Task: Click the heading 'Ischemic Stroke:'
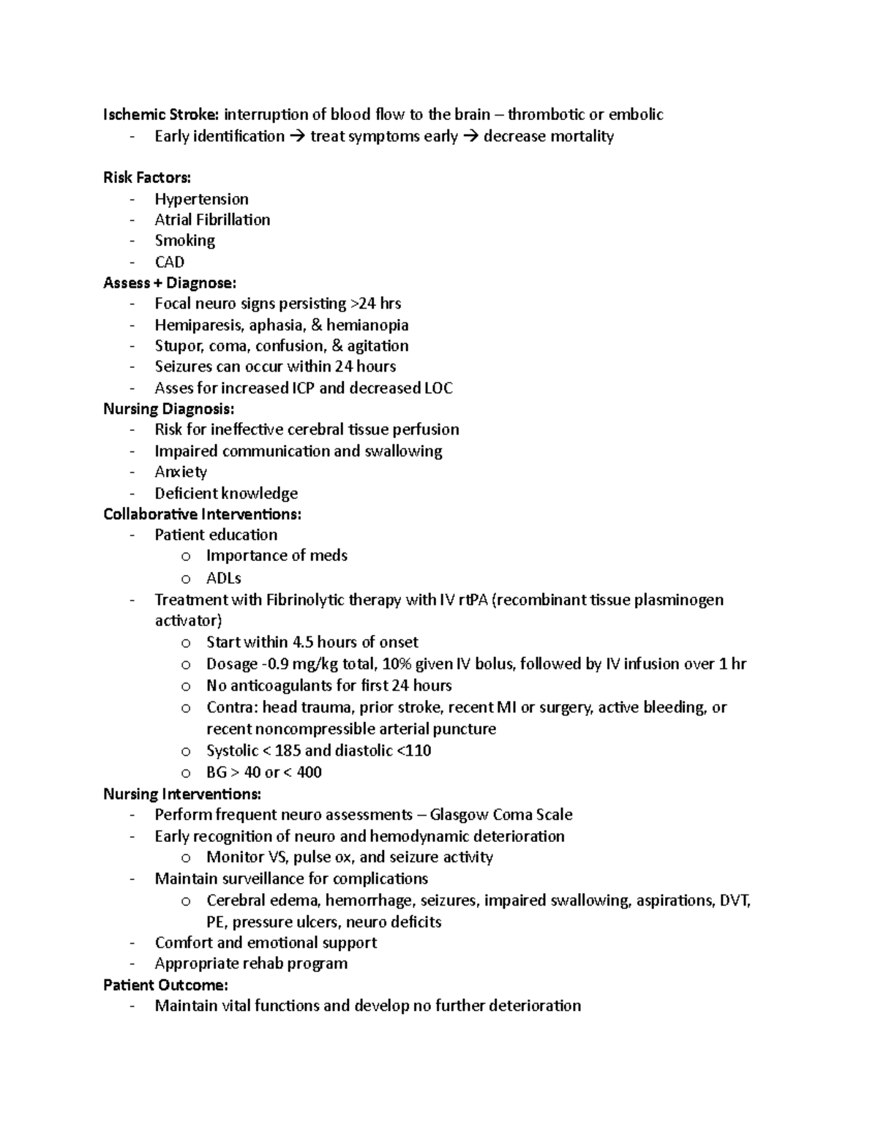tap(160, 115)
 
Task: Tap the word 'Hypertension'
tap(201, 199)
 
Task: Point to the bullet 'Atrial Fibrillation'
tap(212, 220)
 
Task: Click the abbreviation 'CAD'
tap(169, 262)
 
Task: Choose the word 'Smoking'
tap(184, 241)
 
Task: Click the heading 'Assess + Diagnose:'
tap(170, 283)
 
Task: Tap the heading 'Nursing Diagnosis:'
tap(169, 409)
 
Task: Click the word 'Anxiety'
tap(181, 472)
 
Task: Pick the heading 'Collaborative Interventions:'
tap(202, 514)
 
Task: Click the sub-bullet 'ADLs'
tap(223, 578)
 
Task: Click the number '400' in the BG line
tap(309, 772)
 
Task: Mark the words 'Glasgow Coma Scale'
tap(501, 815)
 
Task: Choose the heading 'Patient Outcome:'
tap(165, 985)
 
